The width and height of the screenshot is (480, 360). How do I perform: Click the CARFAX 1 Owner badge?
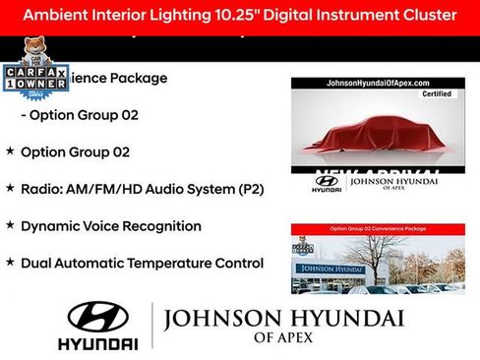[35, 79]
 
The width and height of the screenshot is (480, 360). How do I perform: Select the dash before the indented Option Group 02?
[24, 115]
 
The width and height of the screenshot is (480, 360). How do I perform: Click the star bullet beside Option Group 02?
[10, 151]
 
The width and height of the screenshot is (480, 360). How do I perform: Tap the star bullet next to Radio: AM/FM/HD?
[10, 188]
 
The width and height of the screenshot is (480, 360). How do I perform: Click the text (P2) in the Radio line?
[247, 189]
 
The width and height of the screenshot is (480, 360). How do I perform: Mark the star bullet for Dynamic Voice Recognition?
[10, 225]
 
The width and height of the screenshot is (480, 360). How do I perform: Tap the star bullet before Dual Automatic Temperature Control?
[10, 263]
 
